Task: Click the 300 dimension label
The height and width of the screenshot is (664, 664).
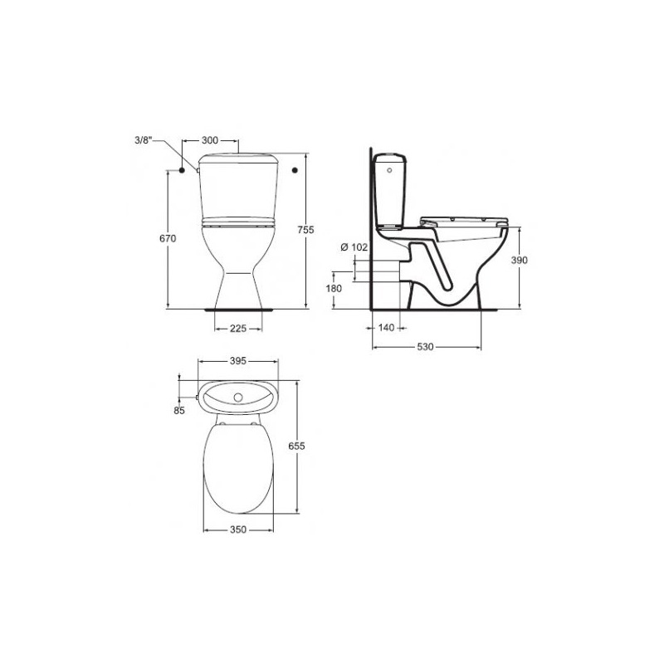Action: (x=210, y=140)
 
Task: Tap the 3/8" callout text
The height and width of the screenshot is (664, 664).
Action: (x=143, y=140)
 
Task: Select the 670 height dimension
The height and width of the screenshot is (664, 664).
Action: (x=168, y=238)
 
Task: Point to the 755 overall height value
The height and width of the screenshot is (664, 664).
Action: (x=305, y=230)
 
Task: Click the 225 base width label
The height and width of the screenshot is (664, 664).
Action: (x=238, y=328)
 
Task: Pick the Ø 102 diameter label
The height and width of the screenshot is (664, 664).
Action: (x=354, y=247)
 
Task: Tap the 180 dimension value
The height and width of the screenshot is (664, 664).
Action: (x=334, y=288)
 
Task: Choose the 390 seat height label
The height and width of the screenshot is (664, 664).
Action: (x=520, y=260)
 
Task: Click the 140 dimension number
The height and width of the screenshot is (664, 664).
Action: (x=386, y=327)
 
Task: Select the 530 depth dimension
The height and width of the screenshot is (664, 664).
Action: (x=425, y=347)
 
